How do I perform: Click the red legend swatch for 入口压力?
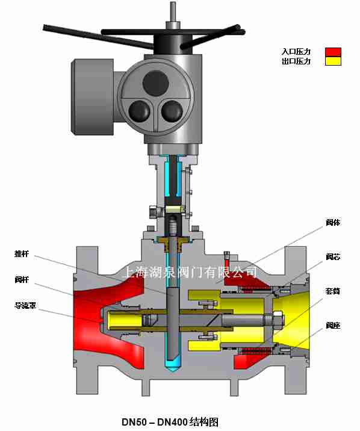click(x=333, y=52)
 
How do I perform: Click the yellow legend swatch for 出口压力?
click(x=333, y=61)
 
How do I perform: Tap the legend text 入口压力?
click(x=296, y=52)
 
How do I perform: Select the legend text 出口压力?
click(x=296, y=61)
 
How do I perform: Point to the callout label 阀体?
click(x=333, y=222)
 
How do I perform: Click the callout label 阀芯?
click(x=333, y=256)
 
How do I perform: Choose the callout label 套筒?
click(x=333, y=291)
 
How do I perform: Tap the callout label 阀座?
click(x=333, y=326)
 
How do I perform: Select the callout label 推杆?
click(x=22, y=253)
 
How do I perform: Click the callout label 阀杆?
click(x=22, y=279)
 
